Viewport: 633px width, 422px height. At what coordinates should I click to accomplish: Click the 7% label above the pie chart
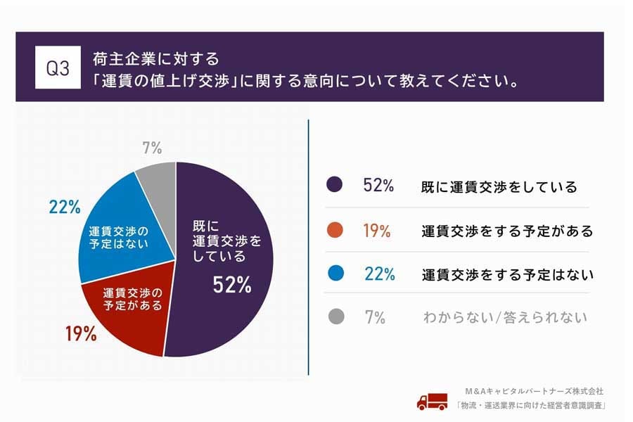(151, 148)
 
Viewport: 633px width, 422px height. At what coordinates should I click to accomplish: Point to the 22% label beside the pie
(64, 207)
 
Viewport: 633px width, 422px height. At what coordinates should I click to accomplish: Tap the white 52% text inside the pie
(231, 285)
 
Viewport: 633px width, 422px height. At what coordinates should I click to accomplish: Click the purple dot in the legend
(335, 186)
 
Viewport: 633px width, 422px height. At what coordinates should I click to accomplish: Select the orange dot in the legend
(335, 230)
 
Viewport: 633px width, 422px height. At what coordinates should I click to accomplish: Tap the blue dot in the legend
(335, 274)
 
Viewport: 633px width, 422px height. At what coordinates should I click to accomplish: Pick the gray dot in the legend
(335, 317)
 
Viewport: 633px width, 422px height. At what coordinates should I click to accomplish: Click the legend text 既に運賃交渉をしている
(499, 186)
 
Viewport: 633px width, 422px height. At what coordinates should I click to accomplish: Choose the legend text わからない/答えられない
(504, 318)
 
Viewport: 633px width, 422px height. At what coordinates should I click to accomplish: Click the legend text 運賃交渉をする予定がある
(508, 231)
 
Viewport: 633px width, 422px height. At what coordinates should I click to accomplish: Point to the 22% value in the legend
(379, 274)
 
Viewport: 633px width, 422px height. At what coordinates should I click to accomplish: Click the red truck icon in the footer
(431, 401)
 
